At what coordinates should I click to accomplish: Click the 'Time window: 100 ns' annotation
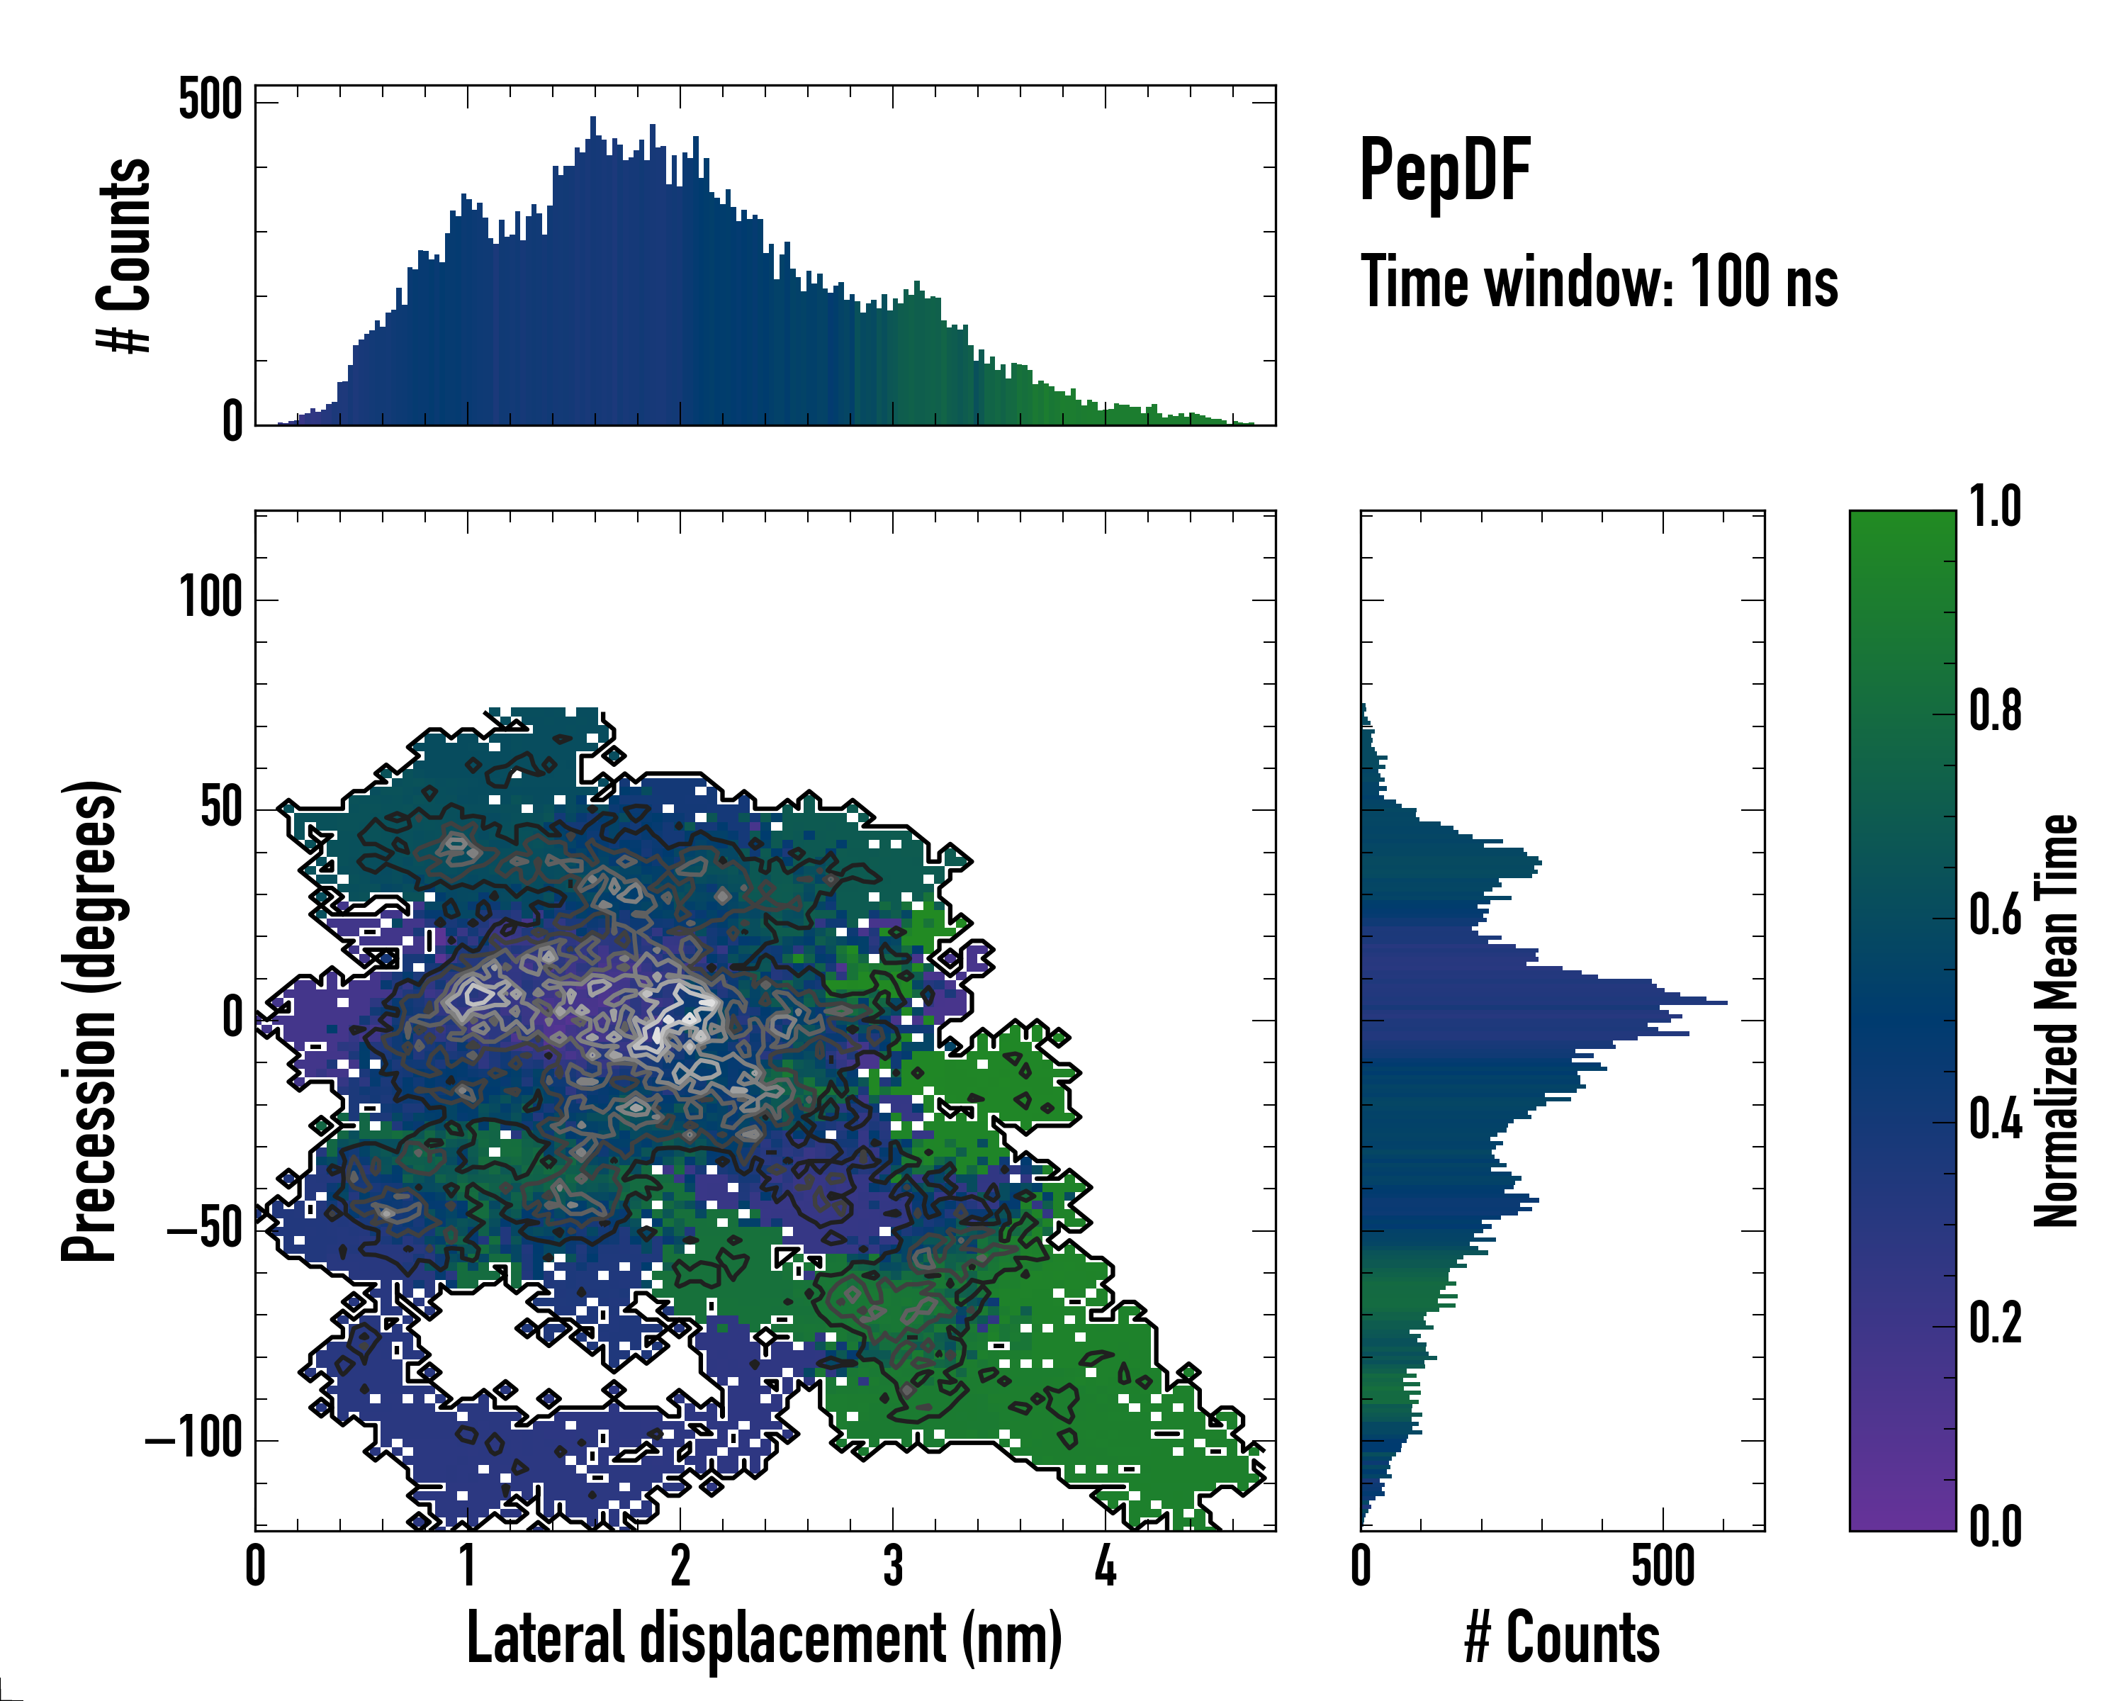pyautogui.click(x=1599, y=283)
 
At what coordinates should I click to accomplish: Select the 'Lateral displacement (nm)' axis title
pyautogui.click(x=764, y=1638)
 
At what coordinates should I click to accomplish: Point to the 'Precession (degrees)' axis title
pyautogui.click(x=91, y=1021)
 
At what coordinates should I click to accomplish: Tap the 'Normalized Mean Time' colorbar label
pyautogui.click(x=2055, y=1021)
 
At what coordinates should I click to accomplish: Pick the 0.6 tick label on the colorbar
pyautogui.click(x=1995, y=915)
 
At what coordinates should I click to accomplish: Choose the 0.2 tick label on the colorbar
pyautogui.click(x=1995, y=1323)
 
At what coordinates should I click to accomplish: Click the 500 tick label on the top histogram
pyautogui.click(x=210, y=101)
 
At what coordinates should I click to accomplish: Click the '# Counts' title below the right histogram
pyautogui.click(x=1562, y=1638)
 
